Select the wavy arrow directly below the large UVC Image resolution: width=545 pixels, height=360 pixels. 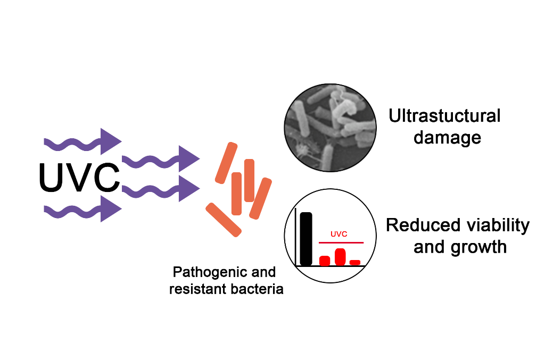(82, 211)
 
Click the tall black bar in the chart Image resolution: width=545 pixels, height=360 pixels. (306, 239)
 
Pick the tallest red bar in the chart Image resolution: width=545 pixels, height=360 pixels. (341, 256)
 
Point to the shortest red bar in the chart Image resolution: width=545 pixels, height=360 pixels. (355, 262)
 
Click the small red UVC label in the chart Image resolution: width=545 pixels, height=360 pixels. (338, 234)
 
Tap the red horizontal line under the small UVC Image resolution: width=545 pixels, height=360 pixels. (341, 242)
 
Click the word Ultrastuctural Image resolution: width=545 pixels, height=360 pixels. (444, 116)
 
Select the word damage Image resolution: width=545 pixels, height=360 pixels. (447, 138)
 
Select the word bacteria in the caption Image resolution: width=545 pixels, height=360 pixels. (260, 290)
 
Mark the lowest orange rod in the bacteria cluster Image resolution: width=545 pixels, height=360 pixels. (224, 220)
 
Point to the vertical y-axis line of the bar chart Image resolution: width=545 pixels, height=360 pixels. (296, 237)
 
